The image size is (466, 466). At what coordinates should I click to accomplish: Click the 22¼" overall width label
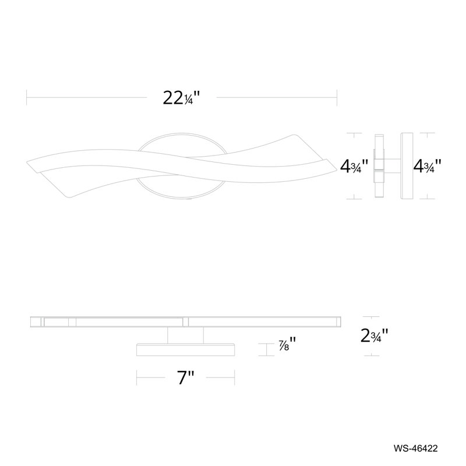click(x=182, y=97)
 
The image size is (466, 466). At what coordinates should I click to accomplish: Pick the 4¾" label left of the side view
click(x=355, y=167)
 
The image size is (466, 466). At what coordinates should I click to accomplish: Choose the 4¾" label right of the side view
click(x=426, y=167)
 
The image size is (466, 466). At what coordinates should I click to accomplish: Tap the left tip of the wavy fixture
click(x=29, y=163)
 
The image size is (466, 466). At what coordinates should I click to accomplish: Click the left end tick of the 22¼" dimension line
click(x=27, y=97)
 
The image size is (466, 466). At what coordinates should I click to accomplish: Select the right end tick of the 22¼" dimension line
click(x=338, y=97)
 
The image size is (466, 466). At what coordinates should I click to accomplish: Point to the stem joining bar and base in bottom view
click(x=186, y=334)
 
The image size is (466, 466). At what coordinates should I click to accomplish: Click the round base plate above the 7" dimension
click(x=186, y=349)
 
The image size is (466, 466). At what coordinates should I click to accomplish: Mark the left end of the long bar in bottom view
click(x=31, y=321)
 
